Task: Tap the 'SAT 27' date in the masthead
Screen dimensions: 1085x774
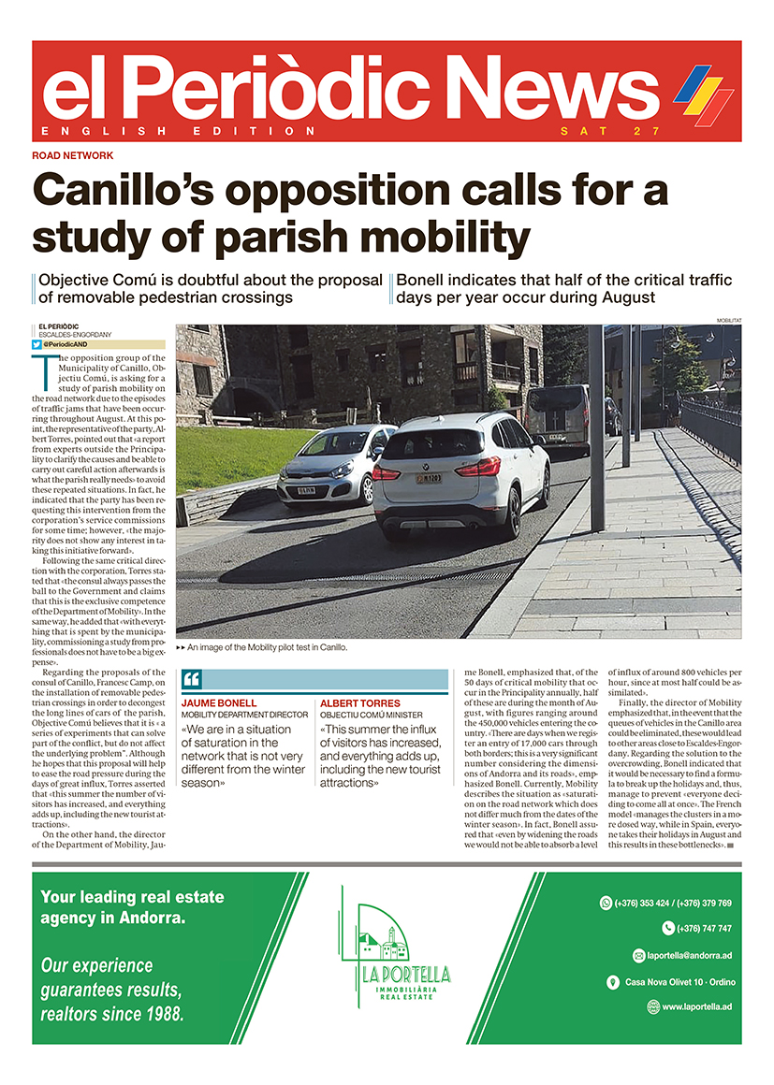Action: (x=610, y=131)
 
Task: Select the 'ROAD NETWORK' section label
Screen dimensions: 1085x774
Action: (x=72, y=155)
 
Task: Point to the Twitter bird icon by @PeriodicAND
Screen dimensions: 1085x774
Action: (x=37, y=344)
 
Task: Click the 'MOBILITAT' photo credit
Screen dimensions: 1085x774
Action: (x=723, y=320)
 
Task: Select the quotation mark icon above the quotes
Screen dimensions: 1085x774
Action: (x=191, y=680)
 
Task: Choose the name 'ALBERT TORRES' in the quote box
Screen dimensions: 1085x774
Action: (x=359, y=702)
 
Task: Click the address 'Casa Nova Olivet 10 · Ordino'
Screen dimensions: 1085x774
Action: (x=678, y=981)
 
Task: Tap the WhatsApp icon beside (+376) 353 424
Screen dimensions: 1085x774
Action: (x=606, y=903)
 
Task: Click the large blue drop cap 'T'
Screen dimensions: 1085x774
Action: (x=44, y=370)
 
